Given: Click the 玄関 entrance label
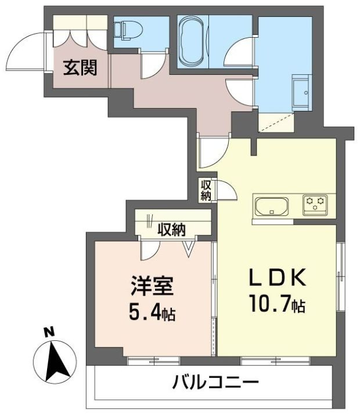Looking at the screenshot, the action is pos(80,68).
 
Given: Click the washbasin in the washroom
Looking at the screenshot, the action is pos(301,92).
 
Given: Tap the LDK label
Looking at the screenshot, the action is pos(278,278).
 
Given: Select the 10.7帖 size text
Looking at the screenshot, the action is pos(276,304).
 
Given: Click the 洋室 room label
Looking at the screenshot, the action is pos(152,286).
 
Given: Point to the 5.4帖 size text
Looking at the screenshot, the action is pos(152,312).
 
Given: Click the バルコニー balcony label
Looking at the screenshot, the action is pos(215,382).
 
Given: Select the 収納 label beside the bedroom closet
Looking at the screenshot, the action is pos(172,229).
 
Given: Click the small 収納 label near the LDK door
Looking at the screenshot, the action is pos(206,190).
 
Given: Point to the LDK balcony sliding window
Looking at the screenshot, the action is pos(276,361).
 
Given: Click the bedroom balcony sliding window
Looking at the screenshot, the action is pos(154,361).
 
